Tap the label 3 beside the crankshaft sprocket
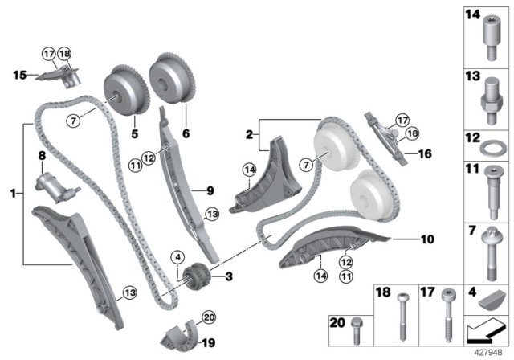(x=227, y=276)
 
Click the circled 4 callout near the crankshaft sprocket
(x=177, y=257)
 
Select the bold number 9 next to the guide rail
(x=210, y=190)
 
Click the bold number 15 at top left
(x=18, y=75)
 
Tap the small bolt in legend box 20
(x=359, y=326)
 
